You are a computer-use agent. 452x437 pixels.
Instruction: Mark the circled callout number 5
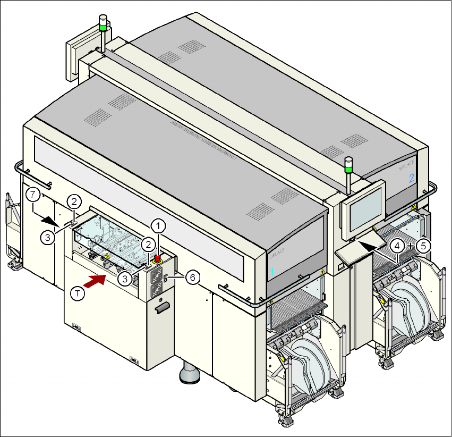(x=423, y=246)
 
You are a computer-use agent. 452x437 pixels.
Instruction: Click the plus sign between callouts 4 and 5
(x=410, y=246)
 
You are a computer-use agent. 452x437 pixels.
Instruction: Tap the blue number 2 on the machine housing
(x=411, y=178)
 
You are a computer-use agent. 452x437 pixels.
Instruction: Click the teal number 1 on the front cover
(x=272, y=271)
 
